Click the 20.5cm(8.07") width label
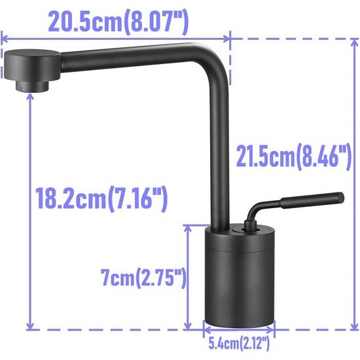click(x=118, y=22)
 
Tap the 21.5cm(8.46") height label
click(x=291, y=158)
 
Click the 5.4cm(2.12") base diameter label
click(x=238, y=340)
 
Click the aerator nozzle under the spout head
click(x=32, y=85)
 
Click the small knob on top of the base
click(x=248, y=226)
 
